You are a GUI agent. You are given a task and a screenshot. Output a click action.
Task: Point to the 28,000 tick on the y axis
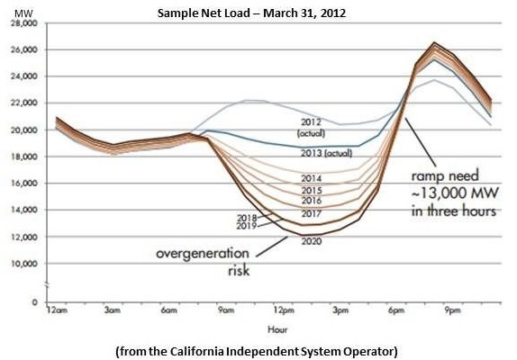click(x=25, y=24)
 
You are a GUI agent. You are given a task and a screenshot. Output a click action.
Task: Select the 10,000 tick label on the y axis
click(x=25, y=264)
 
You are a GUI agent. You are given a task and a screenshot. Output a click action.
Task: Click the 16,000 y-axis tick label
click(x=25, y=184)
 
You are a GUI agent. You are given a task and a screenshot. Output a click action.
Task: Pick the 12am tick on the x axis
click(x=57, y=310)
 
